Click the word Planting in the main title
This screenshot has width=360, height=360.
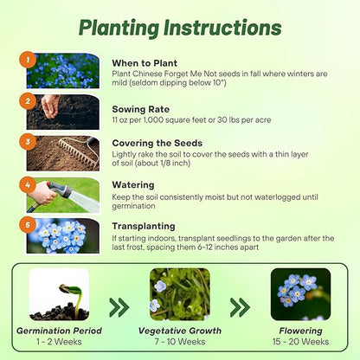point(119,29)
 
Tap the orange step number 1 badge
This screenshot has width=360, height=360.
point(28,60)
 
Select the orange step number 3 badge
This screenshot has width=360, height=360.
point(28,142)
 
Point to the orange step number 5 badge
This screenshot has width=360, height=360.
point(28,224)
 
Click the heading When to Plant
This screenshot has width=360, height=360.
point(145,63)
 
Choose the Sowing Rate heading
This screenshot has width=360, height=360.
point(141,109)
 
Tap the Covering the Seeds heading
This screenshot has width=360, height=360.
point(157,143)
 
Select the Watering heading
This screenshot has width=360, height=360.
point(133,185)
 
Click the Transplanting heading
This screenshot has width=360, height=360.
point(144,227)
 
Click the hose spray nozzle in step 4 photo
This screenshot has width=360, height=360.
point(60,190)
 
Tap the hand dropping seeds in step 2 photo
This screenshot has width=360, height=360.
point(50,105)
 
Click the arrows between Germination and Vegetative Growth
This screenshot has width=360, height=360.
point(119,307)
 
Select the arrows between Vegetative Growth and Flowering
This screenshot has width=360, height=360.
point(240,307)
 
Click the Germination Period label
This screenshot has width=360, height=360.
point(59,331)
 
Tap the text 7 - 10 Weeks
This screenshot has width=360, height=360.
point(180,342)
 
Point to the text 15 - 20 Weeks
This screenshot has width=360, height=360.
point(300,342)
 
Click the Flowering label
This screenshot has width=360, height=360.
point(300,331)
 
